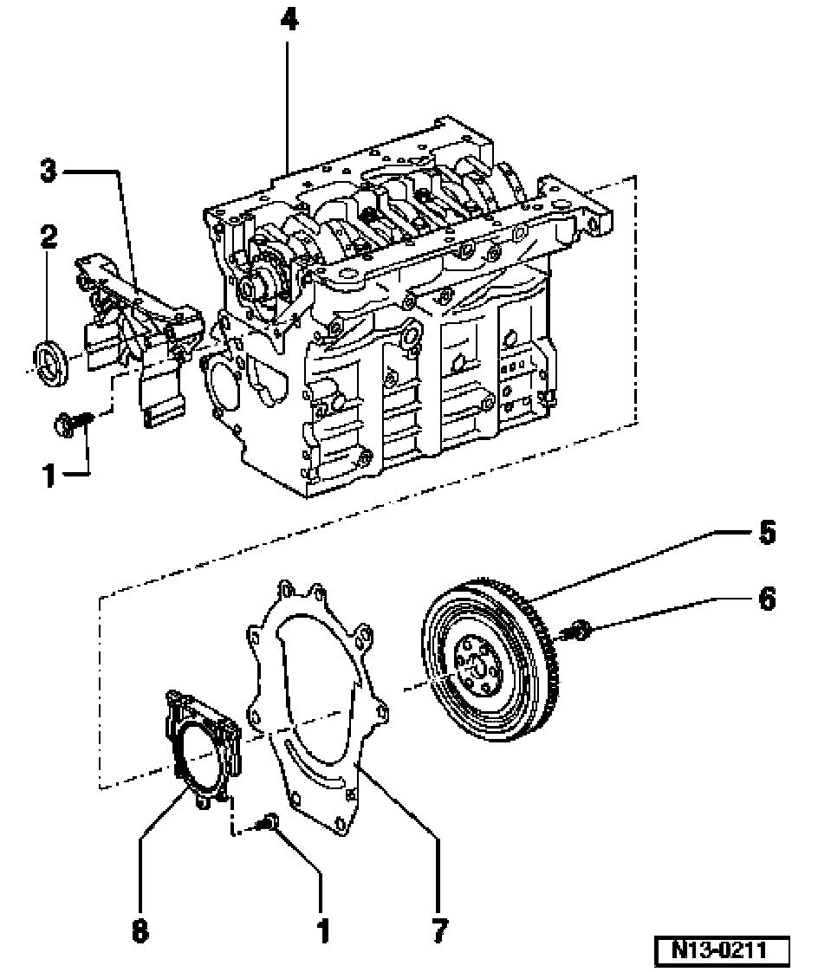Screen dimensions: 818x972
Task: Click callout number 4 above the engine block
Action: click(289, 20)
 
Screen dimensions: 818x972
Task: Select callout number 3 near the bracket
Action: click(49, 170)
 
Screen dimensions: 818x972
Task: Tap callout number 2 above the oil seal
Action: click(49, 236)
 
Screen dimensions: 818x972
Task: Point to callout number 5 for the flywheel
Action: click(767, 533)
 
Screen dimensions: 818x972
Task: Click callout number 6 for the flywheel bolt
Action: click(767, 599)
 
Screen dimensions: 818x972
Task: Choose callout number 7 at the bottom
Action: click(439, 930)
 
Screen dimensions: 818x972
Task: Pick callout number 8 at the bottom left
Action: click(140, 930)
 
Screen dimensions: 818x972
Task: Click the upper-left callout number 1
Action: click(49, 476)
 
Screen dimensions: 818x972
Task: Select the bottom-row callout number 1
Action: click(323, 930)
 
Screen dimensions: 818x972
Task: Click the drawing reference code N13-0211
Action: click(721, 949)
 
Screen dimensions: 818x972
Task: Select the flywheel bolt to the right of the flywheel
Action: click(577, 631)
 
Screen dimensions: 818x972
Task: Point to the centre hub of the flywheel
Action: click(477, 668)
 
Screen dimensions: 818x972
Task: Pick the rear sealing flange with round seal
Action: click(202, 748)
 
